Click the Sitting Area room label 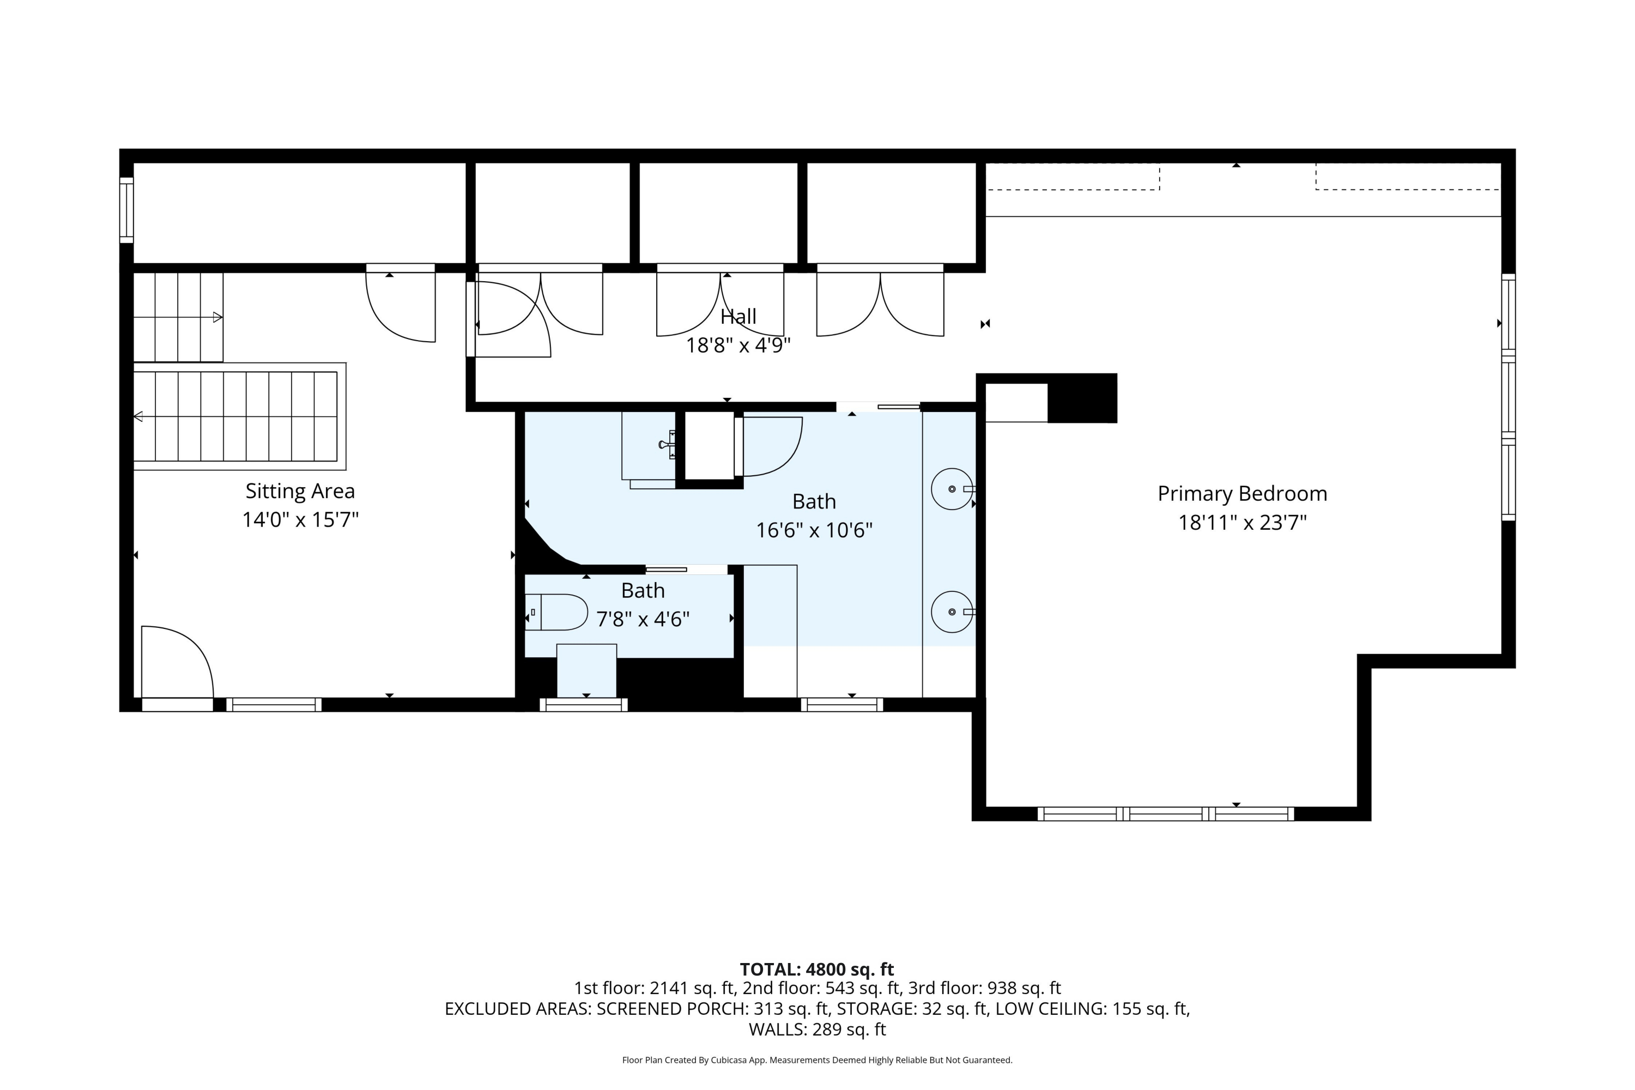pos(300,491)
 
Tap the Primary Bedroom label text pos(1242,494)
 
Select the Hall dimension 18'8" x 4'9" pos(738,346)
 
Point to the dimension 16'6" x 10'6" pos(814,530)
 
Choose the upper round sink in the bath pos(952,489)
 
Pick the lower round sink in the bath pos(952,611)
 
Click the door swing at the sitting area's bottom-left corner pos(177,661)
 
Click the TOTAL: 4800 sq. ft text pos(817,969)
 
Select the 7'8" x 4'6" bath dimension pos(643,619)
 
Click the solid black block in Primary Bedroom pos(1082,398)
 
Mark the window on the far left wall pos(126,210)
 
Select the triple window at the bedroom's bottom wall pos(1166,814)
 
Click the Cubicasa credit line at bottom pos(818,1060)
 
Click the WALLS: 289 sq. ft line pos(818,1030)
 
